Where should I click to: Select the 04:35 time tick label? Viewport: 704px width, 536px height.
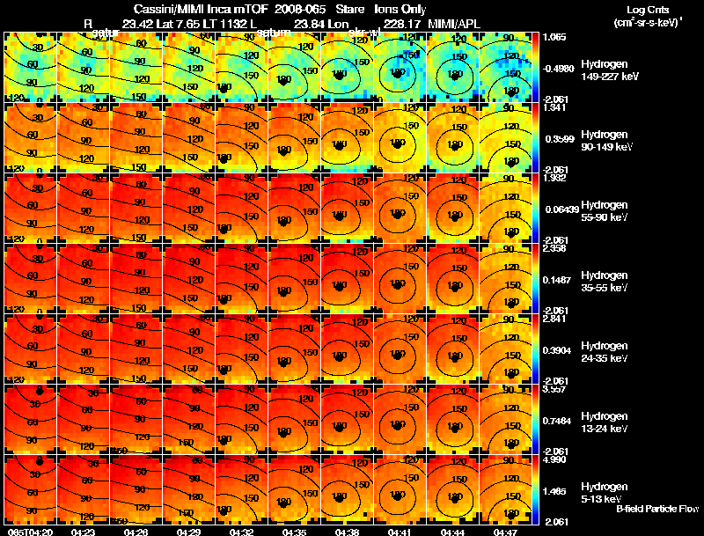294,531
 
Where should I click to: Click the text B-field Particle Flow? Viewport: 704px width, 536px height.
657,509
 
